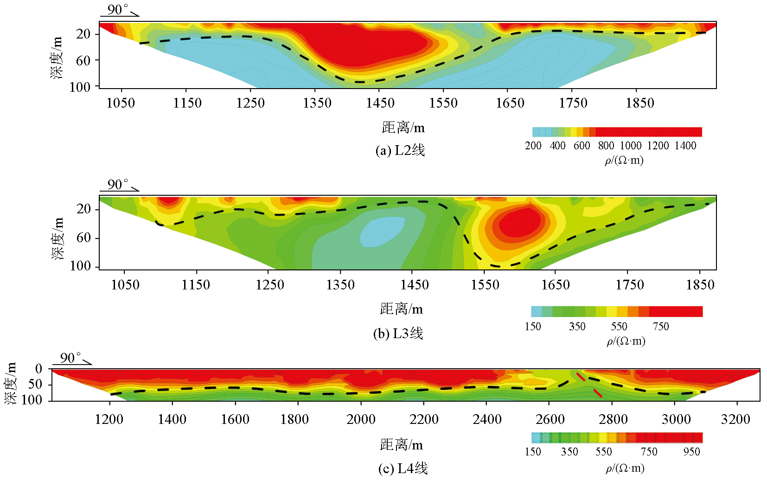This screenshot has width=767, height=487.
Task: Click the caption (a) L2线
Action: (400, 150)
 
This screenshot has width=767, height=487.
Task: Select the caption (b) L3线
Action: (398, 333)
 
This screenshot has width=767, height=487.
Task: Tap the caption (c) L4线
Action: (403, 468)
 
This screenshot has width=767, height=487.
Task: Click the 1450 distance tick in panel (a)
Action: (380, 103)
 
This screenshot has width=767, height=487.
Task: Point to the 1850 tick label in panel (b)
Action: (700, 285)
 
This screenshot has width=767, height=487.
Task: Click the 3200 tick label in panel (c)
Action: (735, 419)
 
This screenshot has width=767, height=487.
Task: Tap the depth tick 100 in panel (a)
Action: (80, 87)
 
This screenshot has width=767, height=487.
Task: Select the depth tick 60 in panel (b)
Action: (83, 237)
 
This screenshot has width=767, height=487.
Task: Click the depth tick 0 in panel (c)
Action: (38, 369)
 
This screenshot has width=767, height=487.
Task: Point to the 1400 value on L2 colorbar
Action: (685, 146)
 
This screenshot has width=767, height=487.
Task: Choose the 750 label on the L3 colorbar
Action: (660, 327)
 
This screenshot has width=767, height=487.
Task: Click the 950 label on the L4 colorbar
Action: (691, 452)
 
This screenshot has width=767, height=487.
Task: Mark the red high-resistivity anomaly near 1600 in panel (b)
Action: (519, 222)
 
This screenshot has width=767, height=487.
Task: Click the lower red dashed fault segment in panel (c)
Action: (598, 393)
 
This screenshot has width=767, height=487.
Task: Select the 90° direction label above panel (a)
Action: (118, 10)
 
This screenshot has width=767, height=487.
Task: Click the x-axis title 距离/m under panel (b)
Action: (401, 309)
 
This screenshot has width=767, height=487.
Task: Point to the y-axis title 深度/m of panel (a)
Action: (57, 58)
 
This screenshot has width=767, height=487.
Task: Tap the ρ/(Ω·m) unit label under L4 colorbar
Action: (625, 468)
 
